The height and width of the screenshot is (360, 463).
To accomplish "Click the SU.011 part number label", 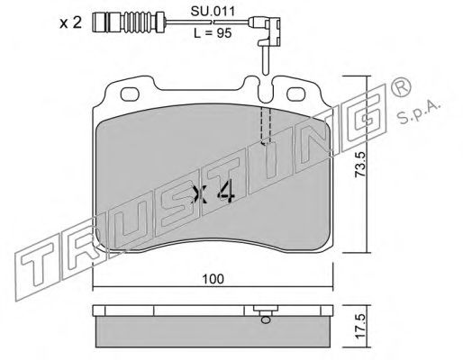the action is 213,12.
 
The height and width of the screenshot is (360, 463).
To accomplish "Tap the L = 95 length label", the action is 213,33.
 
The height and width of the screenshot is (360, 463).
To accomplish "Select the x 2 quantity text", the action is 70,22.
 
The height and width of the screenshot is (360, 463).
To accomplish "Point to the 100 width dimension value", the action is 213,279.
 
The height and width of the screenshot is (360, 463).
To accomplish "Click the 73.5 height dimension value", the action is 359,164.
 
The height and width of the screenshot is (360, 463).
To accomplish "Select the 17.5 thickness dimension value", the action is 359,326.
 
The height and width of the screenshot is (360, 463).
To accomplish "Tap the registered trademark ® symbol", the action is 401,88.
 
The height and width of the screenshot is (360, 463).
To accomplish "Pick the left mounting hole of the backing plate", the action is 130,94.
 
